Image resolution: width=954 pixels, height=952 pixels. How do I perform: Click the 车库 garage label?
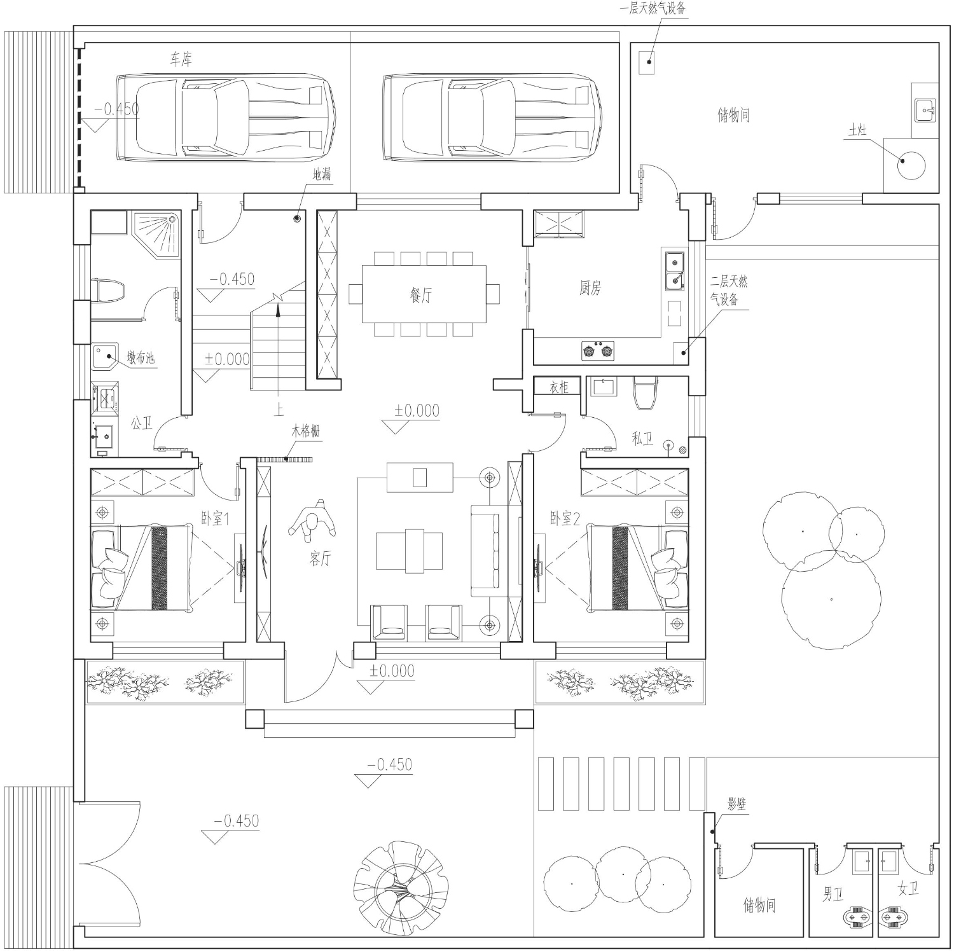[181, 60]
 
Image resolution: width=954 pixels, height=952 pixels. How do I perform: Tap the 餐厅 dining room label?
[420, 295]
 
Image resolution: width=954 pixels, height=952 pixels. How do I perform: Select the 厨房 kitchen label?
[590, 288]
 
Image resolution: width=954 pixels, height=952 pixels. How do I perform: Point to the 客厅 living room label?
[320, 559]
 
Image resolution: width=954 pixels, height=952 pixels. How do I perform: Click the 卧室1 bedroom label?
[215, 519]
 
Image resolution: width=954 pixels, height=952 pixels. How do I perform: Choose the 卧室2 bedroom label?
[565, 519]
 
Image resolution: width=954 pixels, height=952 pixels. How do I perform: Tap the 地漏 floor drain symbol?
[296, 219]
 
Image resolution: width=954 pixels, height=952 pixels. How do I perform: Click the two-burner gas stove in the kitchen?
[598, 350]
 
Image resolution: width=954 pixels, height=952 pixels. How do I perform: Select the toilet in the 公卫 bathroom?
[109, 292]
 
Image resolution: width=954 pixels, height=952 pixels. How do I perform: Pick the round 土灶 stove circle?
[911, 166]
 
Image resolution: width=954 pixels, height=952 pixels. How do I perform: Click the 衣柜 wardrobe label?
[559, 387]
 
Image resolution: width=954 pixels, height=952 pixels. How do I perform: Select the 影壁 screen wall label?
[736, 804]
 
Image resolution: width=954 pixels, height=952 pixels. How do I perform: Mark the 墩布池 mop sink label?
[140, 358]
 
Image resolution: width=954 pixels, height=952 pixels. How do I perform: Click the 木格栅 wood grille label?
[305, 432]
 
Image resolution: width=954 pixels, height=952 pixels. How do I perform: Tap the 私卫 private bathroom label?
[642, 438]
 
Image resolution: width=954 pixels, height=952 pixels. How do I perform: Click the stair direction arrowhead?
[278, 309]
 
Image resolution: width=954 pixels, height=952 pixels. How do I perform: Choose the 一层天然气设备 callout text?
[653, 9]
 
